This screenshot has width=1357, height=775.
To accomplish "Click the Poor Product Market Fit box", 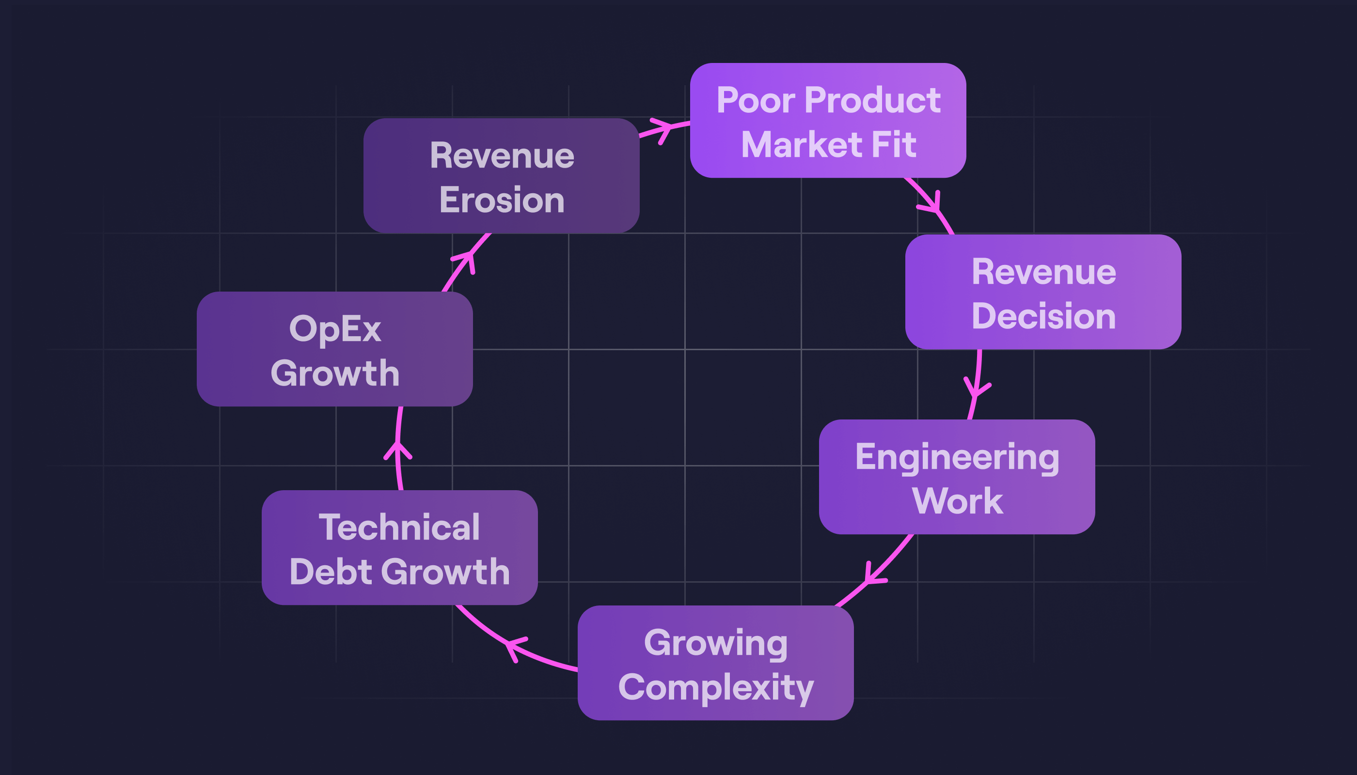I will pyautogui.click(x=828, y=120).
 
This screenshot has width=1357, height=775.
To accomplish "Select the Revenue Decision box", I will pyautogui.click(x=1043, y=292).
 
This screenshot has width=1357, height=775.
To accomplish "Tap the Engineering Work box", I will pyautogui.click(x=957, y=477).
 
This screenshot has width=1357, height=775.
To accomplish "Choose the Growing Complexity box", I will pyautogui.click(x=715, y=663).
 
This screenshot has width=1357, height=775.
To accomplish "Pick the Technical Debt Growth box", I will pyautogui.click(x=399, y=547).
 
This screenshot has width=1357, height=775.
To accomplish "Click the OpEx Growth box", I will pyautogui.click(x=334, y=349).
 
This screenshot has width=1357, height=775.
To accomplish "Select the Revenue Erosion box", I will pyautogui.click(x=501, y=176).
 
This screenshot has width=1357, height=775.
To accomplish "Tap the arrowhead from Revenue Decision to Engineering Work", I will pyautogui.click(x=976, y=390).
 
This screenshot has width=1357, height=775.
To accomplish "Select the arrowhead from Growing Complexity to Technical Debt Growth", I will pyautogui.click(x=512, y=646).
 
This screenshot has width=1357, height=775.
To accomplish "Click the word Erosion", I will pyautogui.click(x=502, y=200).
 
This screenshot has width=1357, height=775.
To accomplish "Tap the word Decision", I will pyautogui.click(x=1043, y=316).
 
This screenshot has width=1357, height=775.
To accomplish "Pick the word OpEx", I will pyautogui.click(x=334, y=329).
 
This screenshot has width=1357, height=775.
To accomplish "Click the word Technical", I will pyautogui.click(x=399, y=527).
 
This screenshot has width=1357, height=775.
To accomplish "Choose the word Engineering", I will pyautogui.click(x=957, y=457).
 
